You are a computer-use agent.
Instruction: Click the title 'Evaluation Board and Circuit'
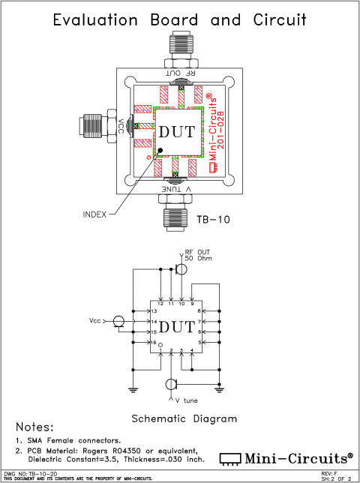(x=180, y=19)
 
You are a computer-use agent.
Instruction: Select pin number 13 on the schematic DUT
(x=154, y=310)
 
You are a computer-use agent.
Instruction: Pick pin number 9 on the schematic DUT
(x=192, y=304)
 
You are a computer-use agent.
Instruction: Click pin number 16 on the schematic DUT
(x=154, y=342)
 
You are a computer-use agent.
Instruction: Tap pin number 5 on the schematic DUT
(x=199, y=342)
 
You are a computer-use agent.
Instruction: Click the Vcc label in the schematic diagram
(x=95, y=321)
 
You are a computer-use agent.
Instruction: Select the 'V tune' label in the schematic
(x=187, y=401)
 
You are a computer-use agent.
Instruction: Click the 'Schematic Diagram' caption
(x=184, y=418)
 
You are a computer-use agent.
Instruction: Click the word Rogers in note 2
(x=109, y=450)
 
